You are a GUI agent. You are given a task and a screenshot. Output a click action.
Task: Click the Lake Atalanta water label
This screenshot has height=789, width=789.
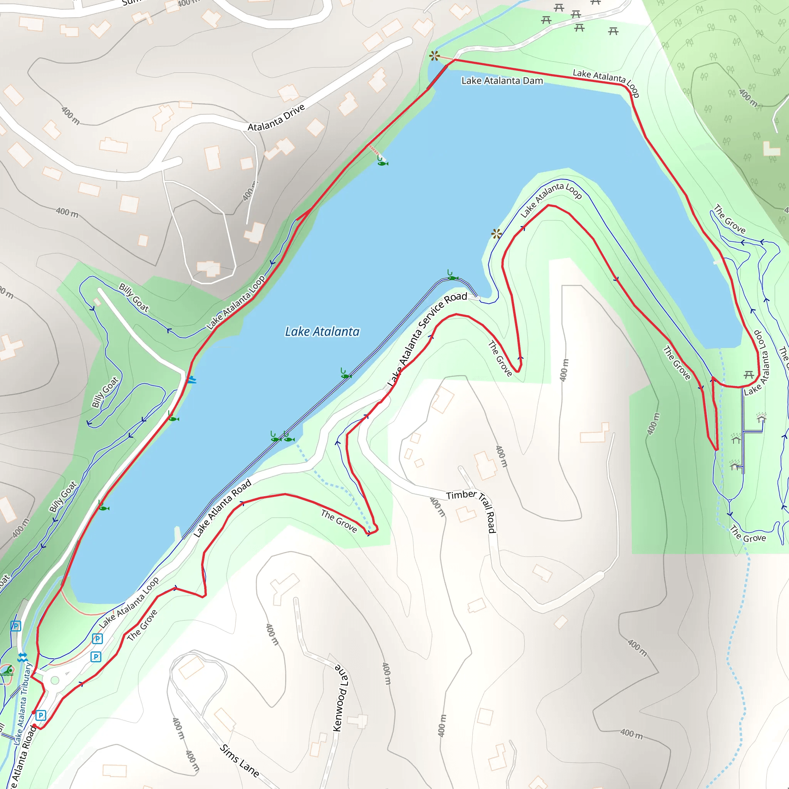click(322, 332)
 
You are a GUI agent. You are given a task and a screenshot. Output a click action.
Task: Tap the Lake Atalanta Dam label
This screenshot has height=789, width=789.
click(502, 81)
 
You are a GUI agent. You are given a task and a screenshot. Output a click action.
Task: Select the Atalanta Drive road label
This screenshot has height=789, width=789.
click(276, 118)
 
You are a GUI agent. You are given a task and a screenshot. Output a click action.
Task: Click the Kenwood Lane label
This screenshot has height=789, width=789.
click(341, 698)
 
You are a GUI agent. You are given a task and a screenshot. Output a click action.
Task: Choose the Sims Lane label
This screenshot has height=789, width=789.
click(239, 760)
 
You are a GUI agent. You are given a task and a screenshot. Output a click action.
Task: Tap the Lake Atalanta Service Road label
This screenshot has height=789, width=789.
click(426, 339)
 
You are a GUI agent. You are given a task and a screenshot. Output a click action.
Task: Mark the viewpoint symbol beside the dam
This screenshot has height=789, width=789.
click(435, 56)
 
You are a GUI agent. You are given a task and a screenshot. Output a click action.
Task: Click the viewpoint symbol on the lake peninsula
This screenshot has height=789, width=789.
click(496, 233)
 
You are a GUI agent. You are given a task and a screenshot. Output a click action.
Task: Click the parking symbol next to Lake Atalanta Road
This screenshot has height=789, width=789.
click(40, 715)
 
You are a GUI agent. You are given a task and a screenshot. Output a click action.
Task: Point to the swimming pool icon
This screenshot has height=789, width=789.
click(7, 671)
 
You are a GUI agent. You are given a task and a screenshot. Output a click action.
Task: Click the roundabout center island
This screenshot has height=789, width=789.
click(55, 680)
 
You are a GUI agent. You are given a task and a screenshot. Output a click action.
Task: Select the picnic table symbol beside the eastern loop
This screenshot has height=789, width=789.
click(749, 374)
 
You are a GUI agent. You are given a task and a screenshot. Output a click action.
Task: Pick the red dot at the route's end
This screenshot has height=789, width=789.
click(34, 726)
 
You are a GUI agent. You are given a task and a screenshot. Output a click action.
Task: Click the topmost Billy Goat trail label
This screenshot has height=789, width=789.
click(134, 297)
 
